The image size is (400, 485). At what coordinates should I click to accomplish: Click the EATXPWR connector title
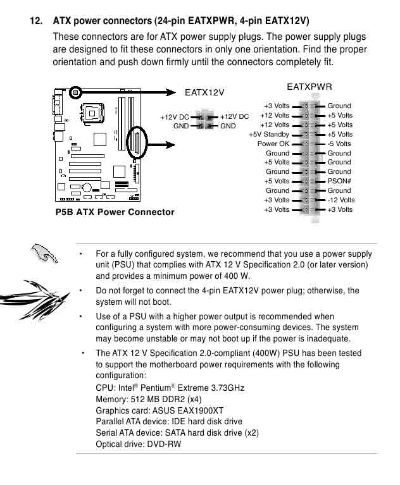309,87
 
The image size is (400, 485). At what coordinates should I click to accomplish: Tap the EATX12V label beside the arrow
204,92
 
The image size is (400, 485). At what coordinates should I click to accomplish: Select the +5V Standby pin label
269,135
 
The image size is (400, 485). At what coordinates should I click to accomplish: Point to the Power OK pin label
273,144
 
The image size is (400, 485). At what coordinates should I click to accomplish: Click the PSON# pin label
339,181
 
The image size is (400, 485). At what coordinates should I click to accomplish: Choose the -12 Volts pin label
341,200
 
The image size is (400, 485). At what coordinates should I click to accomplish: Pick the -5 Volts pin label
339,144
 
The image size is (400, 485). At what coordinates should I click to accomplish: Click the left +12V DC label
175,117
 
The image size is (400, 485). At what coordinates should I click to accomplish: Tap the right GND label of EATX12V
228,126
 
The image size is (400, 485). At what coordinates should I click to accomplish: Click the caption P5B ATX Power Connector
115,212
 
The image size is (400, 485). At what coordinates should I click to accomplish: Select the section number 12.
36,21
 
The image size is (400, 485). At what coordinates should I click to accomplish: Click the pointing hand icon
44,253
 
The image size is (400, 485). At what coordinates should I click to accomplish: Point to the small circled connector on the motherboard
75,92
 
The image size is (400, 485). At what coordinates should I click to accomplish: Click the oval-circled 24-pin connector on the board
137,143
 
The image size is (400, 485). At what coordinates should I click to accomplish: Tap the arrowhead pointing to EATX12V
170,92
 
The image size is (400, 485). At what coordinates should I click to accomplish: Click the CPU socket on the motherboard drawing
92,113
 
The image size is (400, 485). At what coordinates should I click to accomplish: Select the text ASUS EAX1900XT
187,411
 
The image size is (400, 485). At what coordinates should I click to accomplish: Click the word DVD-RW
164,445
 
